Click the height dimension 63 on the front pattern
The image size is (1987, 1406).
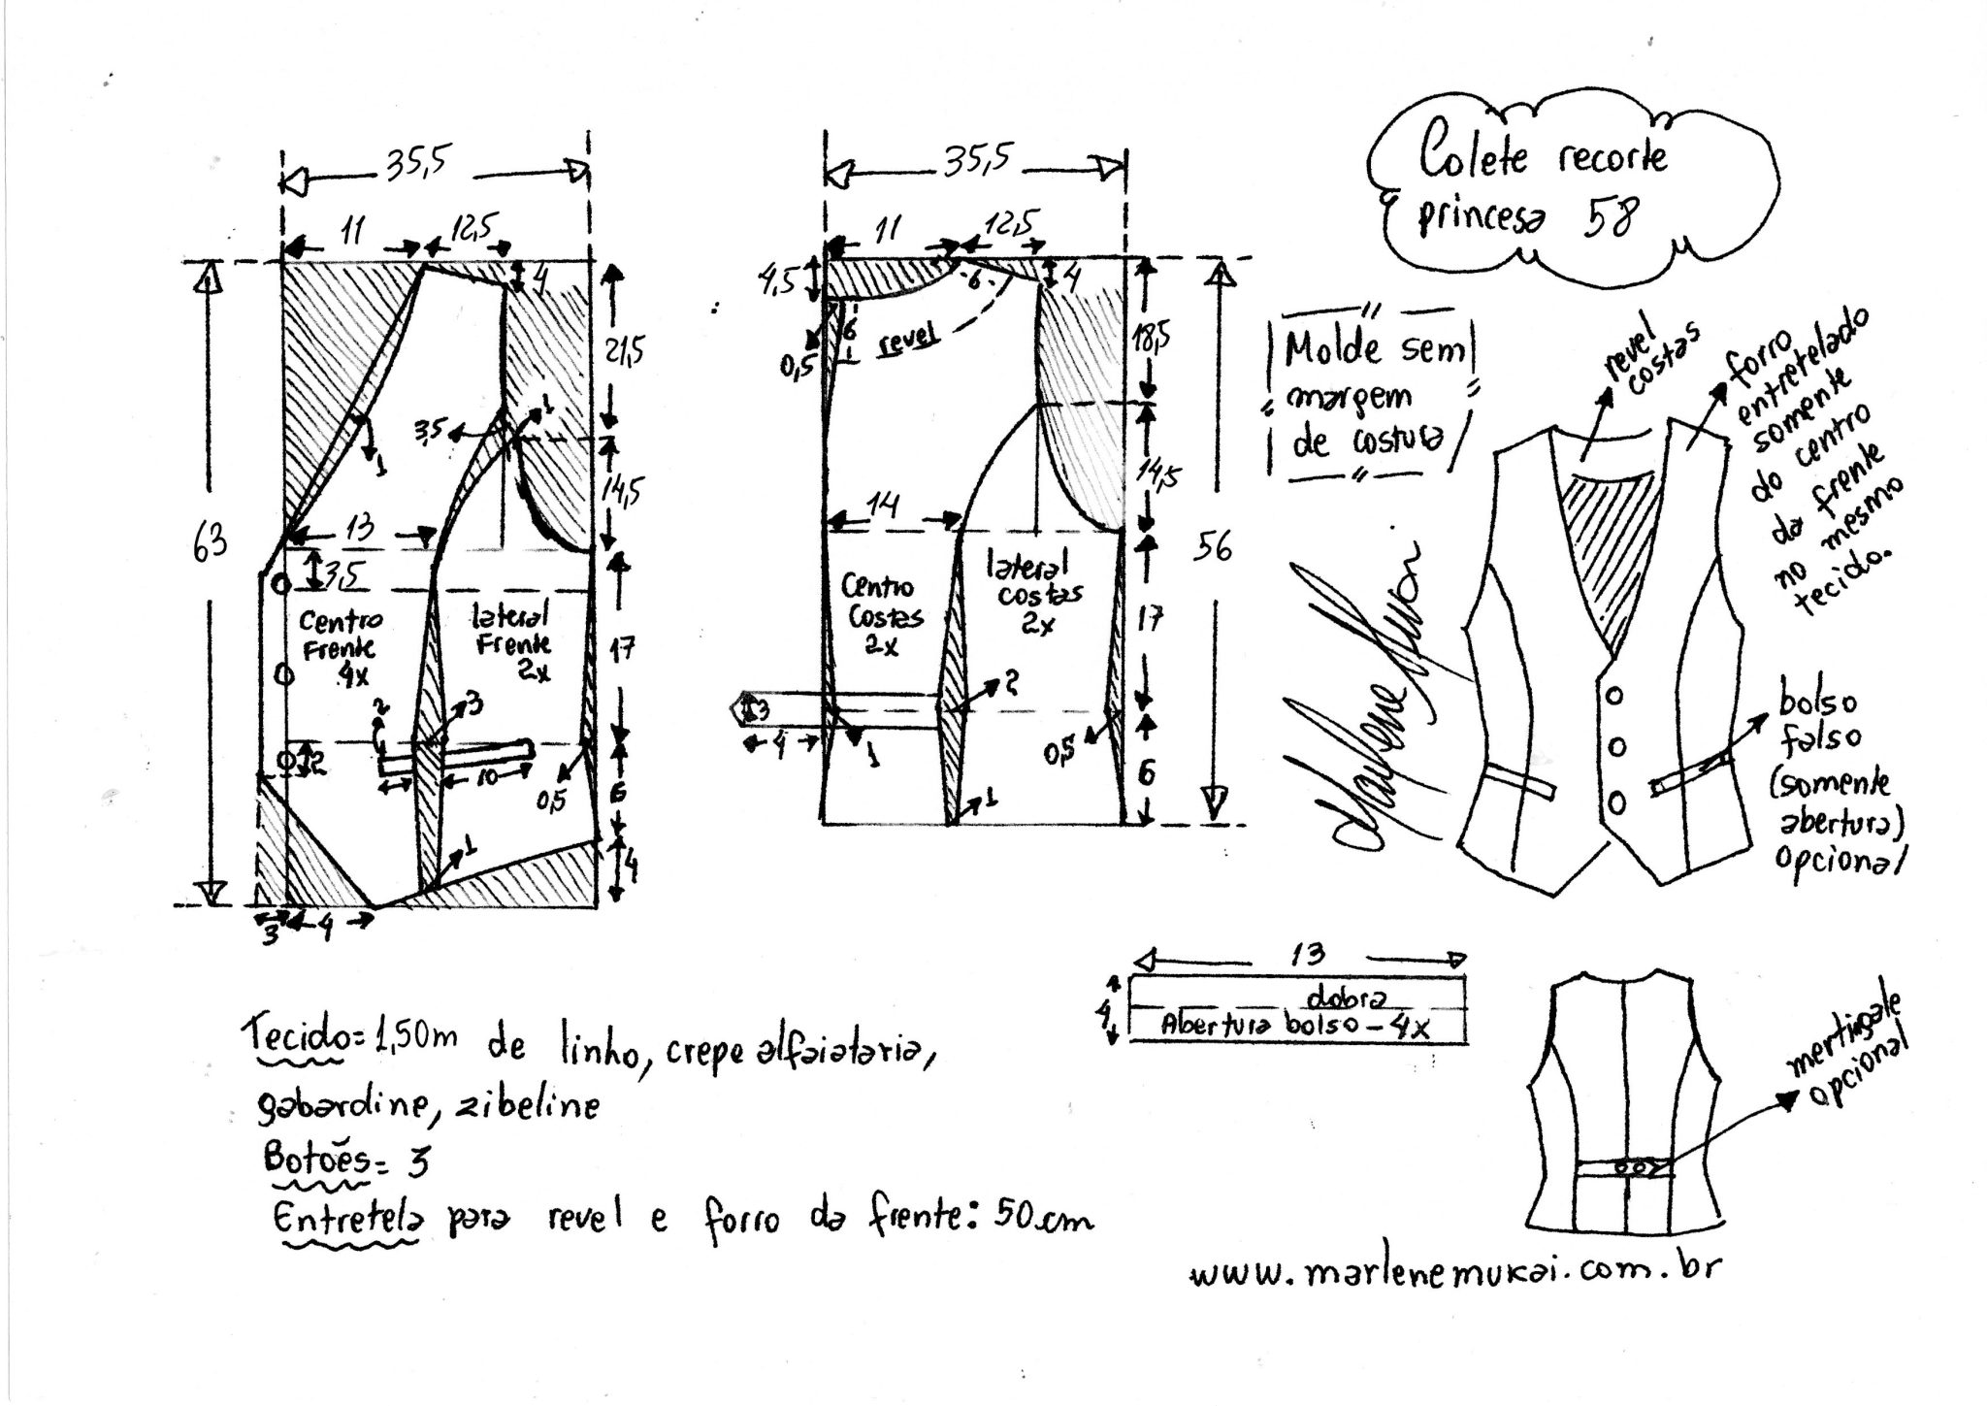(210, 541)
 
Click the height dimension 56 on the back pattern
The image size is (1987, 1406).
(1213, 546)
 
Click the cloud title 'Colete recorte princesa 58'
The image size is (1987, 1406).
(1542, 189)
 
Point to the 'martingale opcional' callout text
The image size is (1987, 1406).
(1854, 1053)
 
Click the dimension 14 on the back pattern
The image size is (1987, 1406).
(884, 506)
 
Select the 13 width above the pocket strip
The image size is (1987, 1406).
(1307, 955)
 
